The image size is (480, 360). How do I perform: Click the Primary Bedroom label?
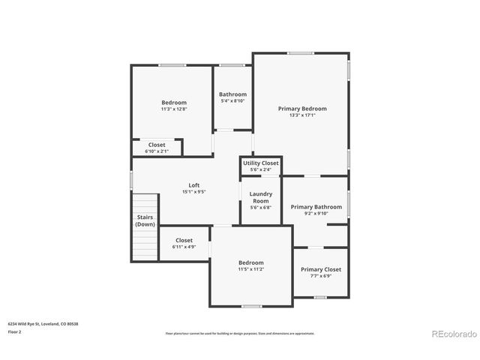(302, 109)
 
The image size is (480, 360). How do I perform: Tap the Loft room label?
(193, 185)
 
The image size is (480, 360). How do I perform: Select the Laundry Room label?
(260, 197)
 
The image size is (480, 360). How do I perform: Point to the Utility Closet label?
(260, 163)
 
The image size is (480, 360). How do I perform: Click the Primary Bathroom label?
(316, 207)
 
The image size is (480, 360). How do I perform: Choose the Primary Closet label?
(320, 269)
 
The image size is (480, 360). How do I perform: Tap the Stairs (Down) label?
(145, 220)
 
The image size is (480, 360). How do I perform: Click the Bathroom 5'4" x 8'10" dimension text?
(232, 101)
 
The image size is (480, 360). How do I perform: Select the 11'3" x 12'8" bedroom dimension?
(173, 109)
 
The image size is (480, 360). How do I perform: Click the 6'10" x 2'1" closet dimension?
(157, 151)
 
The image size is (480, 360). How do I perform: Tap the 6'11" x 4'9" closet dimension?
(184, 247)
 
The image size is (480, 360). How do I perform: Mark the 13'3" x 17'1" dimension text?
(302, 115)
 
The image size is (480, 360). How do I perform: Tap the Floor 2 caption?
(14, 331)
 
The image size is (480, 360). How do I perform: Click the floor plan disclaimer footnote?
(240, 333)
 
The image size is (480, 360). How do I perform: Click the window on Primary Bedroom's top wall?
(301, 53)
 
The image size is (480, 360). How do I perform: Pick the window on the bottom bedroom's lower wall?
(252, 306)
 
